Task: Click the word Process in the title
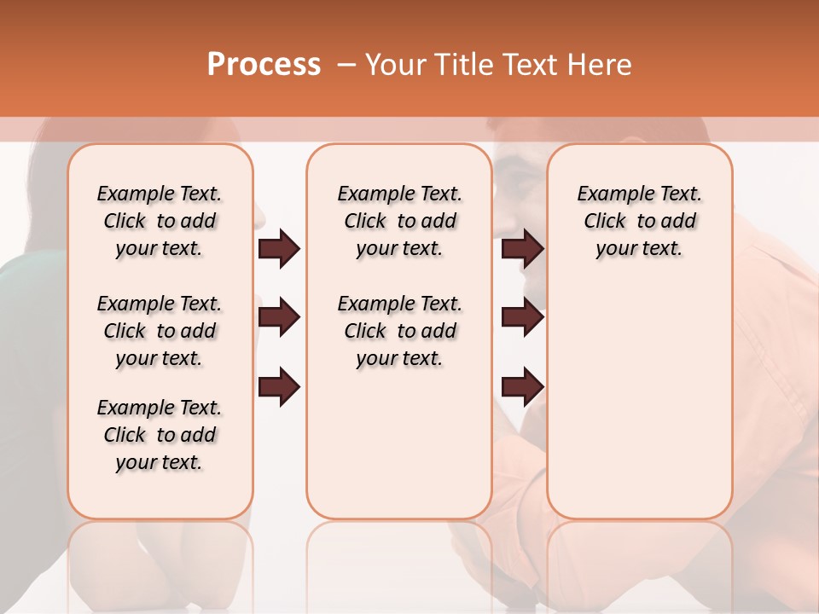point(264,65)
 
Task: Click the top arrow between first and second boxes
point(279,249)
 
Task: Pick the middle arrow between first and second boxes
point(279,317)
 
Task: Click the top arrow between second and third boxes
point(523,249)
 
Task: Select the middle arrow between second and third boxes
point(523,317)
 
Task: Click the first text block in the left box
point(160,221)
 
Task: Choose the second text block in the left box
point(160,331)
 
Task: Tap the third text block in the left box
point(160,435)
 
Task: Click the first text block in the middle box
point(399,221)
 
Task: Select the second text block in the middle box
point(399,331)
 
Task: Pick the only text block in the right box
point(639,221)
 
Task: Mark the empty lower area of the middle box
point(399,443)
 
